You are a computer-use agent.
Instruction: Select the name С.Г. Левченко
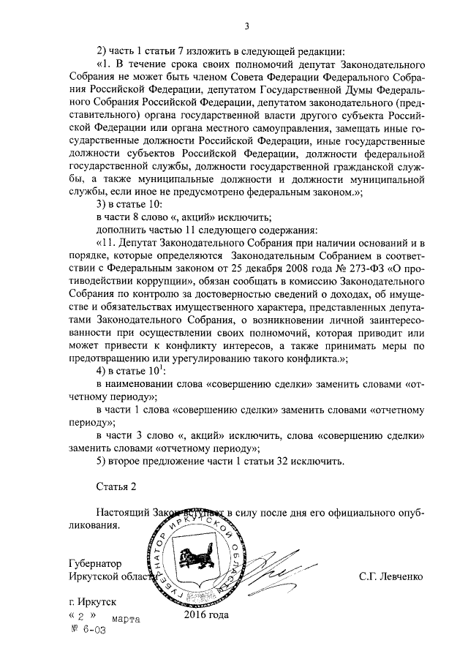pyautogui.click(x=391, y=577)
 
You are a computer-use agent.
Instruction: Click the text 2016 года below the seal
pyautogui.click(x=206, y=614)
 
